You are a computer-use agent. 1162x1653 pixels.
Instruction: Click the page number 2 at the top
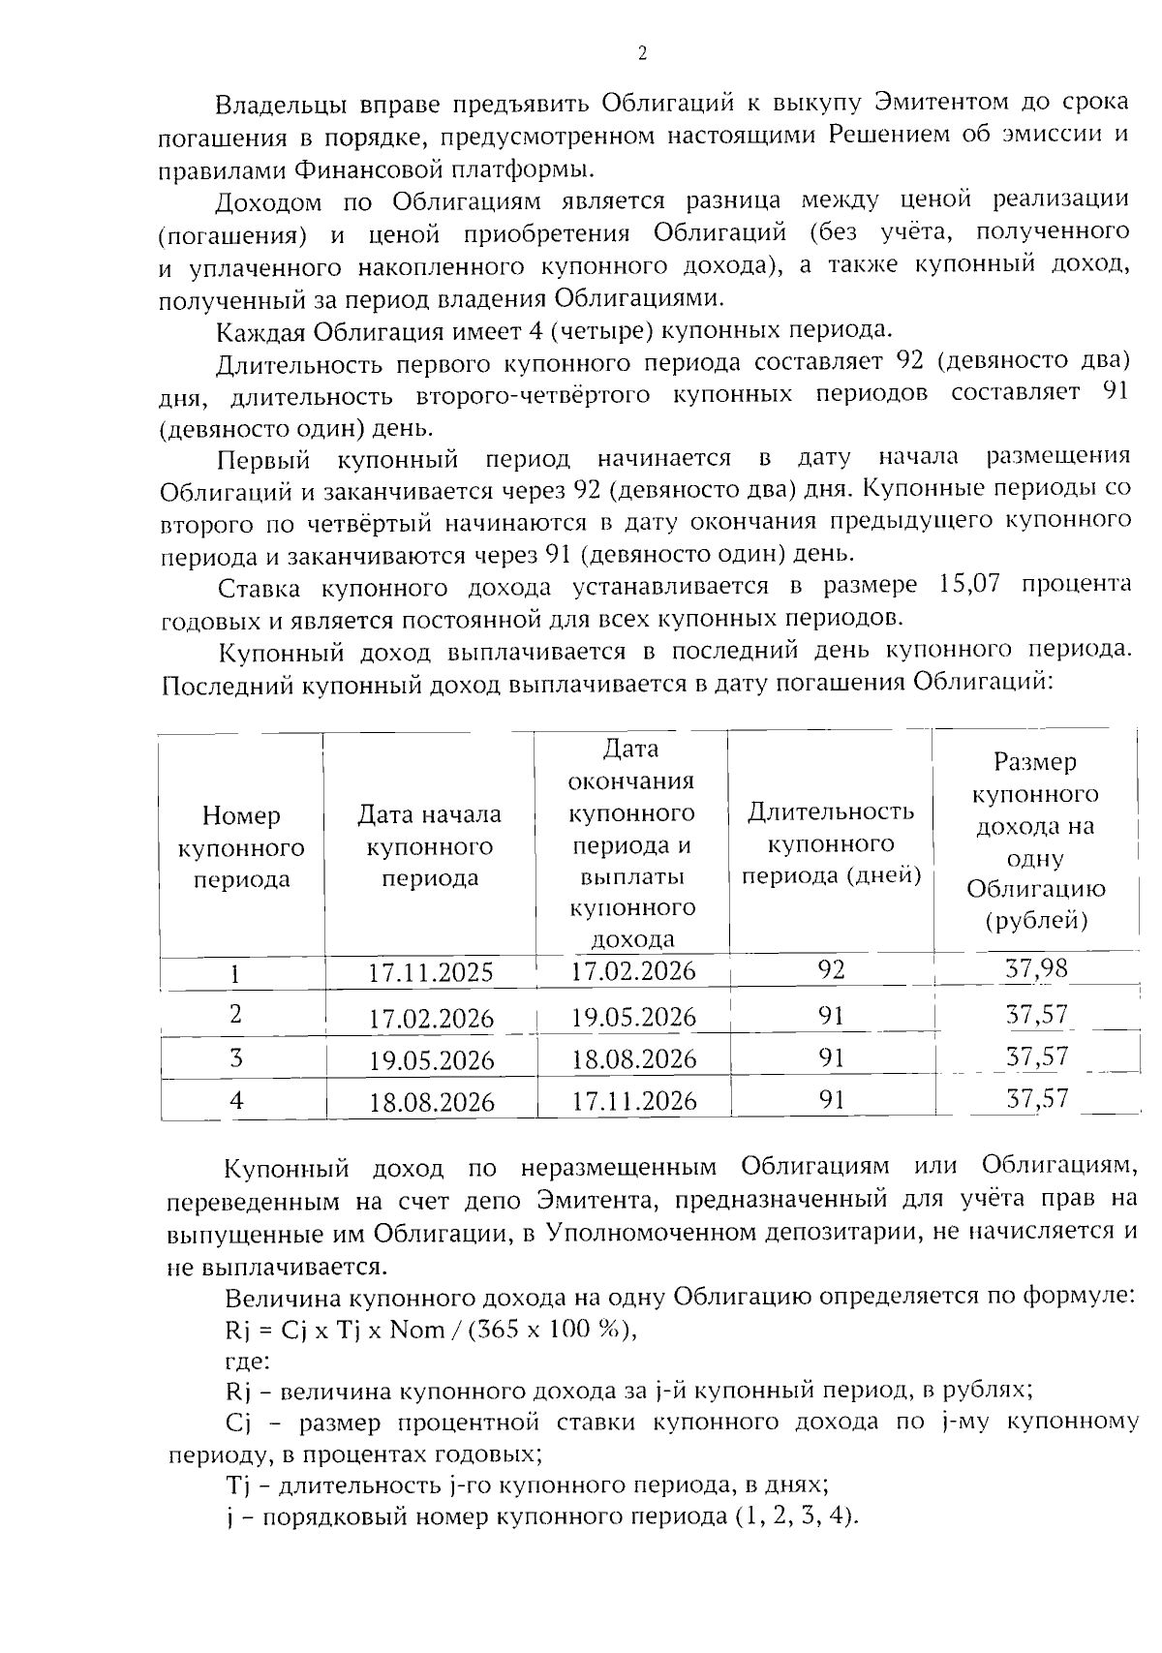[642, 54]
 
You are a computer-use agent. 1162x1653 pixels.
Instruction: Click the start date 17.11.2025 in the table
[431, 973]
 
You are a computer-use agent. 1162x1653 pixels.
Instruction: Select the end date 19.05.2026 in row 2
[633, 1017]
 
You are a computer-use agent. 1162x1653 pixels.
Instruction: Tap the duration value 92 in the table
[831, 969]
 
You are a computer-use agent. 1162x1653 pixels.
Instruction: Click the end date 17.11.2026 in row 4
[633, 1101]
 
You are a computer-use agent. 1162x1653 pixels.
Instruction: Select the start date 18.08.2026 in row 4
[431, 1103]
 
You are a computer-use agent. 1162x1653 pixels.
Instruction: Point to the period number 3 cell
[236, 1057]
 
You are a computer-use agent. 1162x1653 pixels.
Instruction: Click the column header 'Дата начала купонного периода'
[430, 846]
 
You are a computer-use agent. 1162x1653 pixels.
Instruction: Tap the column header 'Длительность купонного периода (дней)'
[831, 843]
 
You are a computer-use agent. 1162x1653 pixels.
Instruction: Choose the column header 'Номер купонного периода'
[241, 847]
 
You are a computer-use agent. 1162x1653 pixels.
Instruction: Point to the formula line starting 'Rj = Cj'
[431, 1330]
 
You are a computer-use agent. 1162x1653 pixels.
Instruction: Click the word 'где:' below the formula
[246, 1361]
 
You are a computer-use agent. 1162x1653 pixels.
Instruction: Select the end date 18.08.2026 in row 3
[633, 1059]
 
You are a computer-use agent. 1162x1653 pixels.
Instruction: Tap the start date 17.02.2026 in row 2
[431, 1019]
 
